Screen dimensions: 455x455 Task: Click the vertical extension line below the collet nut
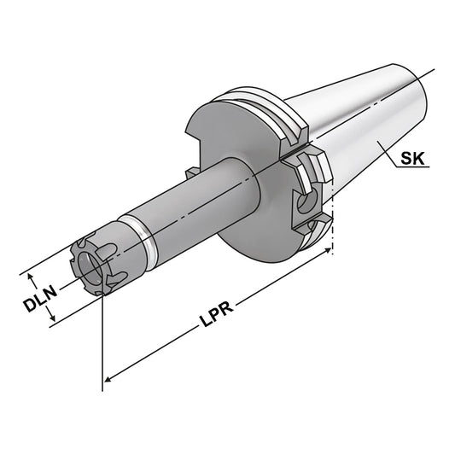(102, 341)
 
